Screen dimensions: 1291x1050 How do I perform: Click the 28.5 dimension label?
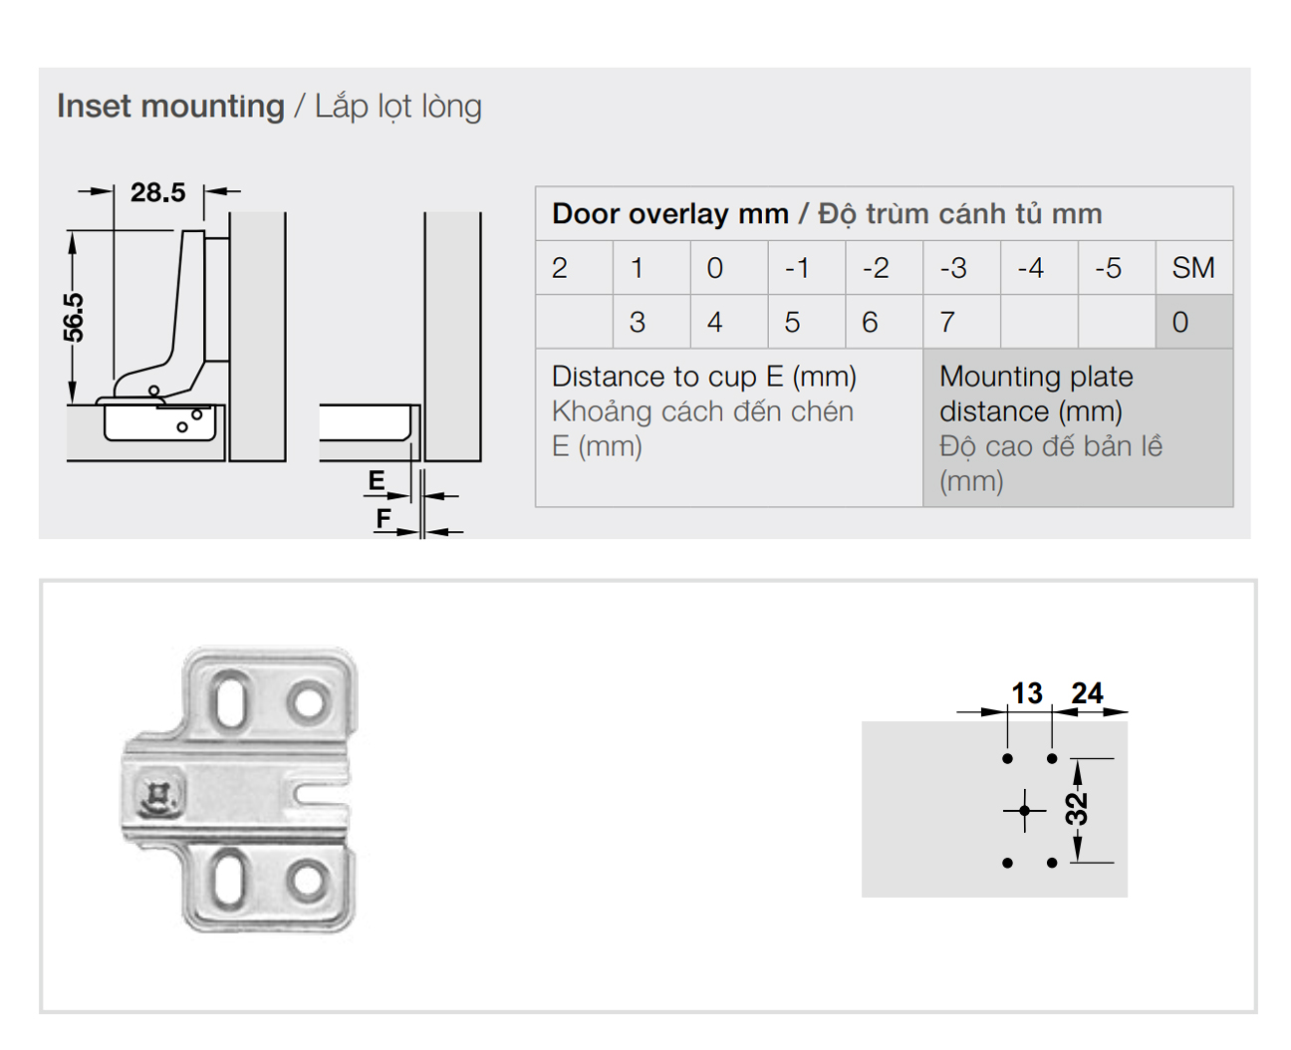pyautogui.click(x=157, y=193)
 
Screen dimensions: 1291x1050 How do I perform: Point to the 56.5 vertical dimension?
pyautogui.click(x=74, y=318)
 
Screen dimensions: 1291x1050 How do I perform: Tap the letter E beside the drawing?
pyautogui.click(x=377, y=480)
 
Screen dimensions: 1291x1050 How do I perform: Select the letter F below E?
pyautogui.click(x=384, y=518)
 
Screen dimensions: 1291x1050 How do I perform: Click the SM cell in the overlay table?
pyautogui.click(x=1193, y=268)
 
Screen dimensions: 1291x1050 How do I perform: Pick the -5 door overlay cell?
pyautogui.click(x=1117, y=268)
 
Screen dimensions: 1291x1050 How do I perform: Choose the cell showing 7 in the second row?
pyautogui.click(x=961, y=322)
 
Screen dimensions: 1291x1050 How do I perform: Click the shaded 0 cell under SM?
pyautogui.click(x=1194, y=322)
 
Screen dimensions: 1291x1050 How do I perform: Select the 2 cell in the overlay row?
pyautogui.click(x=574, y=268)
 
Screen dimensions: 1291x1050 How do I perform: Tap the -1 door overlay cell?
pyautogui.click(x=807, y=268)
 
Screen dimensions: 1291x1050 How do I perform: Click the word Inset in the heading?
pyautogui.click(x=94, y=106)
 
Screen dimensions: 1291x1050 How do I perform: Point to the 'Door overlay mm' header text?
pyautogui.click(x=670, y=214)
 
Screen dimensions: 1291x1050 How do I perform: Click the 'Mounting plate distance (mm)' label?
pyautogui.click(x=1036, y=394)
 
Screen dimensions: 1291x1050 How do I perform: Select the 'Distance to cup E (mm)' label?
pyautogui.click(x=703, y=377)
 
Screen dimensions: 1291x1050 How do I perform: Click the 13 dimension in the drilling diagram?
pyautogui.click(x=1027, y=693)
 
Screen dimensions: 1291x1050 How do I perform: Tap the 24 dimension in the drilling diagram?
pyautogui.click(x=1088, y=693)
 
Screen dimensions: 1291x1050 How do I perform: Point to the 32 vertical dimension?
pyautogui.click(x=1077, y=809)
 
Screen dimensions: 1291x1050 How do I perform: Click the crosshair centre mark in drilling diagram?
pyautogui.click(x=1024, y=811)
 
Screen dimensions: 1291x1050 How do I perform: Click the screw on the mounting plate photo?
pyautogui.click(x=159, y=795)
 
